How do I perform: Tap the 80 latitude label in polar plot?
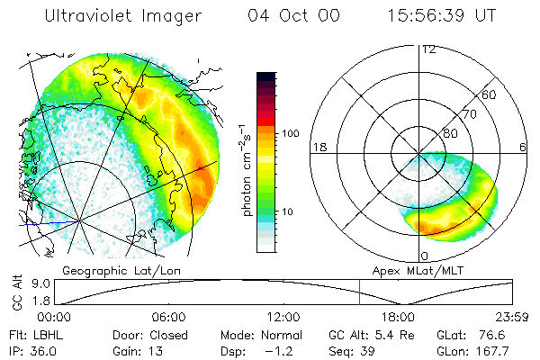449,133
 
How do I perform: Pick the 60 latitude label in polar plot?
490,94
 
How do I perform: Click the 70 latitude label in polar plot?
470,114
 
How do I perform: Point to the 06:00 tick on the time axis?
168,317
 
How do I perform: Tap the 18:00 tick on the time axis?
398,317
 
